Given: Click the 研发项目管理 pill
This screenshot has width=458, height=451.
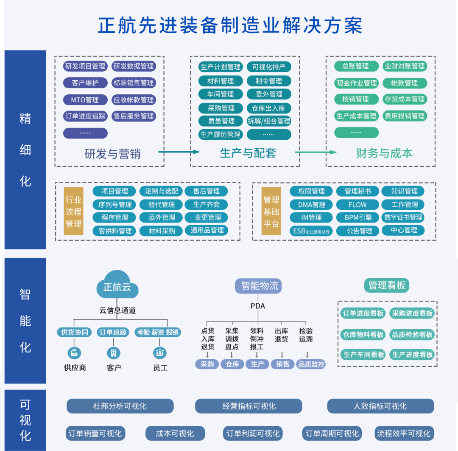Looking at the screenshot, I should (x=85, y=66).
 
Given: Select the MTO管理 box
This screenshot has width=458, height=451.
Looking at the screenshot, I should (x=85, y=100).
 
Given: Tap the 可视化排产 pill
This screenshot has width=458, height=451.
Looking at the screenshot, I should (x=269, y=67).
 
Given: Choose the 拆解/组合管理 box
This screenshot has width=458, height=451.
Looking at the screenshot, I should (x=269, y=121).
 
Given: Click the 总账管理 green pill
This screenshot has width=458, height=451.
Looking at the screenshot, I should (x=356, y=66).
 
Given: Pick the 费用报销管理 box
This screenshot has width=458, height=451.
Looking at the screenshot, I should (x=405, y=116).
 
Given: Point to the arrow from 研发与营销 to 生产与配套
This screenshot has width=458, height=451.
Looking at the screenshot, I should (x=179, y=152).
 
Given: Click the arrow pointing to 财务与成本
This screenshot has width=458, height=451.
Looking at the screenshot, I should (x=316, y=152).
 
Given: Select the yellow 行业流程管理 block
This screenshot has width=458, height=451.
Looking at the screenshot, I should (x=73, y=211).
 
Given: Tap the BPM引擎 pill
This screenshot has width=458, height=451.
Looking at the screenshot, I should (x=358, y=217).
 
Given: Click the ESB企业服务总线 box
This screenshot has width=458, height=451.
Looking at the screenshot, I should (x=312, y=231).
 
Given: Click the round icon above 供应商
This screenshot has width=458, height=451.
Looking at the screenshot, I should (x=74, y=352).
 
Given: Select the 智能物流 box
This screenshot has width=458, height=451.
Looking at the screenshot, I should (x=259, y=286).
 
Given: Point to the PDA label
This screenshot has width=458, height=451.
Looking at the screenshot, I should (x=258, y=306).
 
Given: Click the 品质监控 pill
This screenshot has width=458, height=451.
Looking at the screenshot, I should (x=311, y=364).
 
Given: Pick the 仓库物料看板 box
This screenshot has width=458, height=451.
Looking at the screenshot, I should (x=363, y=335).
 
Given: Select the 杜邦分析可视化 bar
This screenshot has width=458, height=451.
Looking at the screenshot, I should (x=120, y=406).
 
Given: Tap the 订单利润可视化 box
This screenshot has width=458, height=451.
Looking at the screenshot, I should (x=253, y=434).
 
